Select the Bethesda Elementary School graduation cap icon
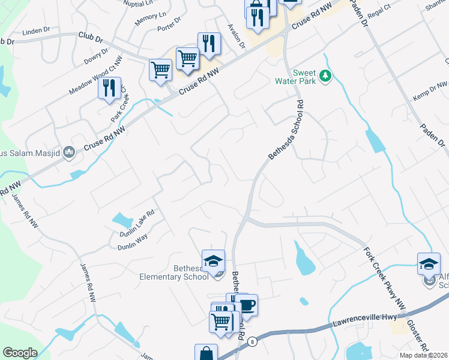click(x=213, y=260)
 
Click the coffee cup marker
click(x=246, y=305)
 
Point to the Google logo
click(x=20, y=353)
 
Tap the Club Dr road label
click(x=90, y=36)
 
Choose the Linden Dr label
click(x=35, y=31)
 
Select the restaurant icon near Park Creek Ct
click(x=109, y=88)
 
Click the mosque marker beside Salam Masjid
click(x=69, y=152)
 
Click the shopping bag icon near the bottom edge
click(x=206, y=353)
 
